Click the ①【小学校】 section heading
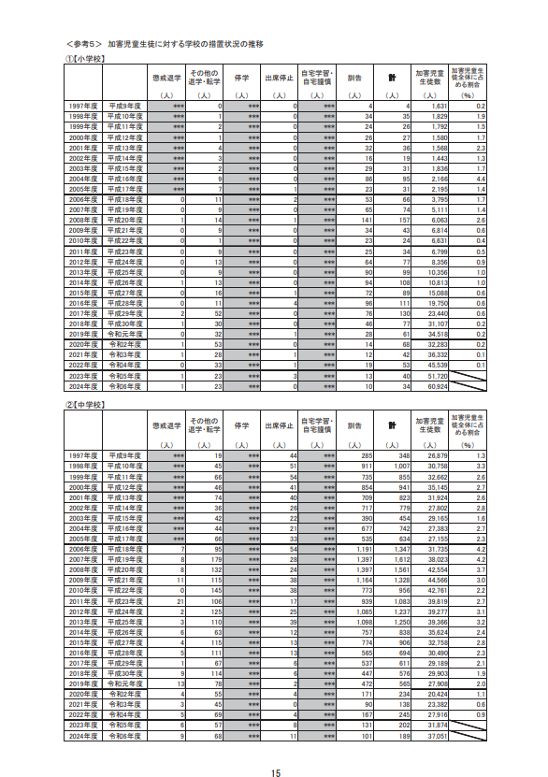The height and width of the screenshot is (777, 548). point(86,59)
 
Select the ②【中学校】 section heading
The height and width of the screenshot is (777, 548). point(86,405)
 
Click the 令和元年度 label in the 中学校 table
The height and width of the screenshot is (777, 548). point(126,683)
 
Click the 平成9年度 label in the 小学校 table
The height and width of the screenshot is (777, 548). point(126,108)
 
